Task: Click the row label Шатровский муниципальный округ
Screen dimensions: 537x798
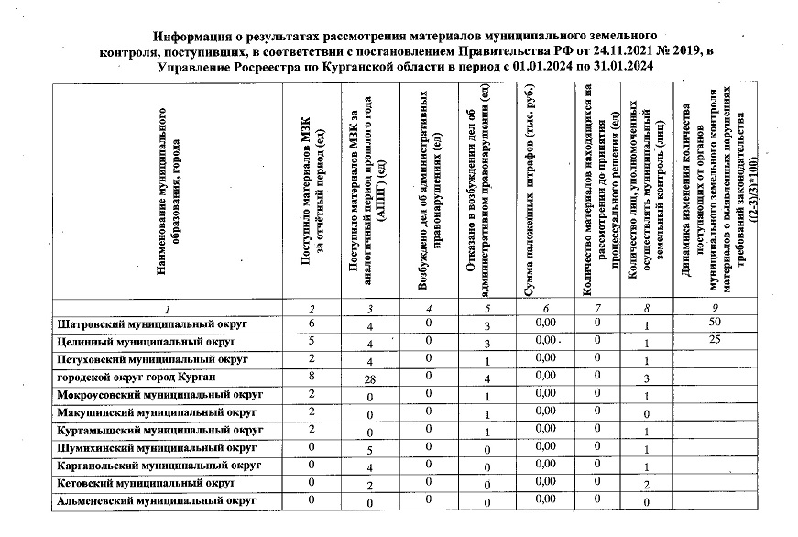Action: click(x=153, y=324)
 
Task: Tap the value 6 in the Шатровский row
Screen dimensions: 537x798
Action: click(x=312, y=323)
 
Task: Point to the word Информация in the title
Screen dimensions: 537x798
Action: click(x=194, y=36)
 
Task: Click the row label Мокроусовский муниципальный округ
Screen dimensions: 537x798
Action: click(x=160, y=394)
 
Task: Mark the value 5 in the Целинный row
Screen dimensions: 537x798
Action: click(x=312, y=340)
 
